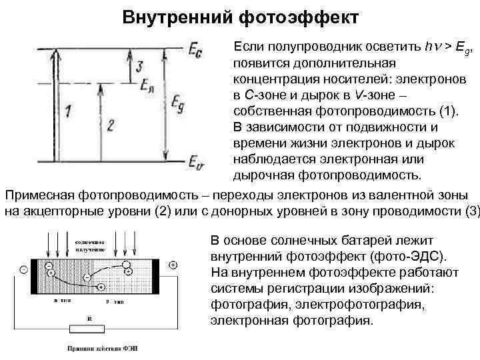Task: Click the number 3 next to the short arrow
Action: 138,67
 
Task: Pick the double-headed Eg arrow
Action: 165,103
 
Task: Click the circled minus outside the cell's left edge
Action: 23,269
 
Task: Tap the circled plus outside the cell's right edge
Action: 173,265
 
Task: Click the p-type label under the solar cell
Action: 113,301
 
